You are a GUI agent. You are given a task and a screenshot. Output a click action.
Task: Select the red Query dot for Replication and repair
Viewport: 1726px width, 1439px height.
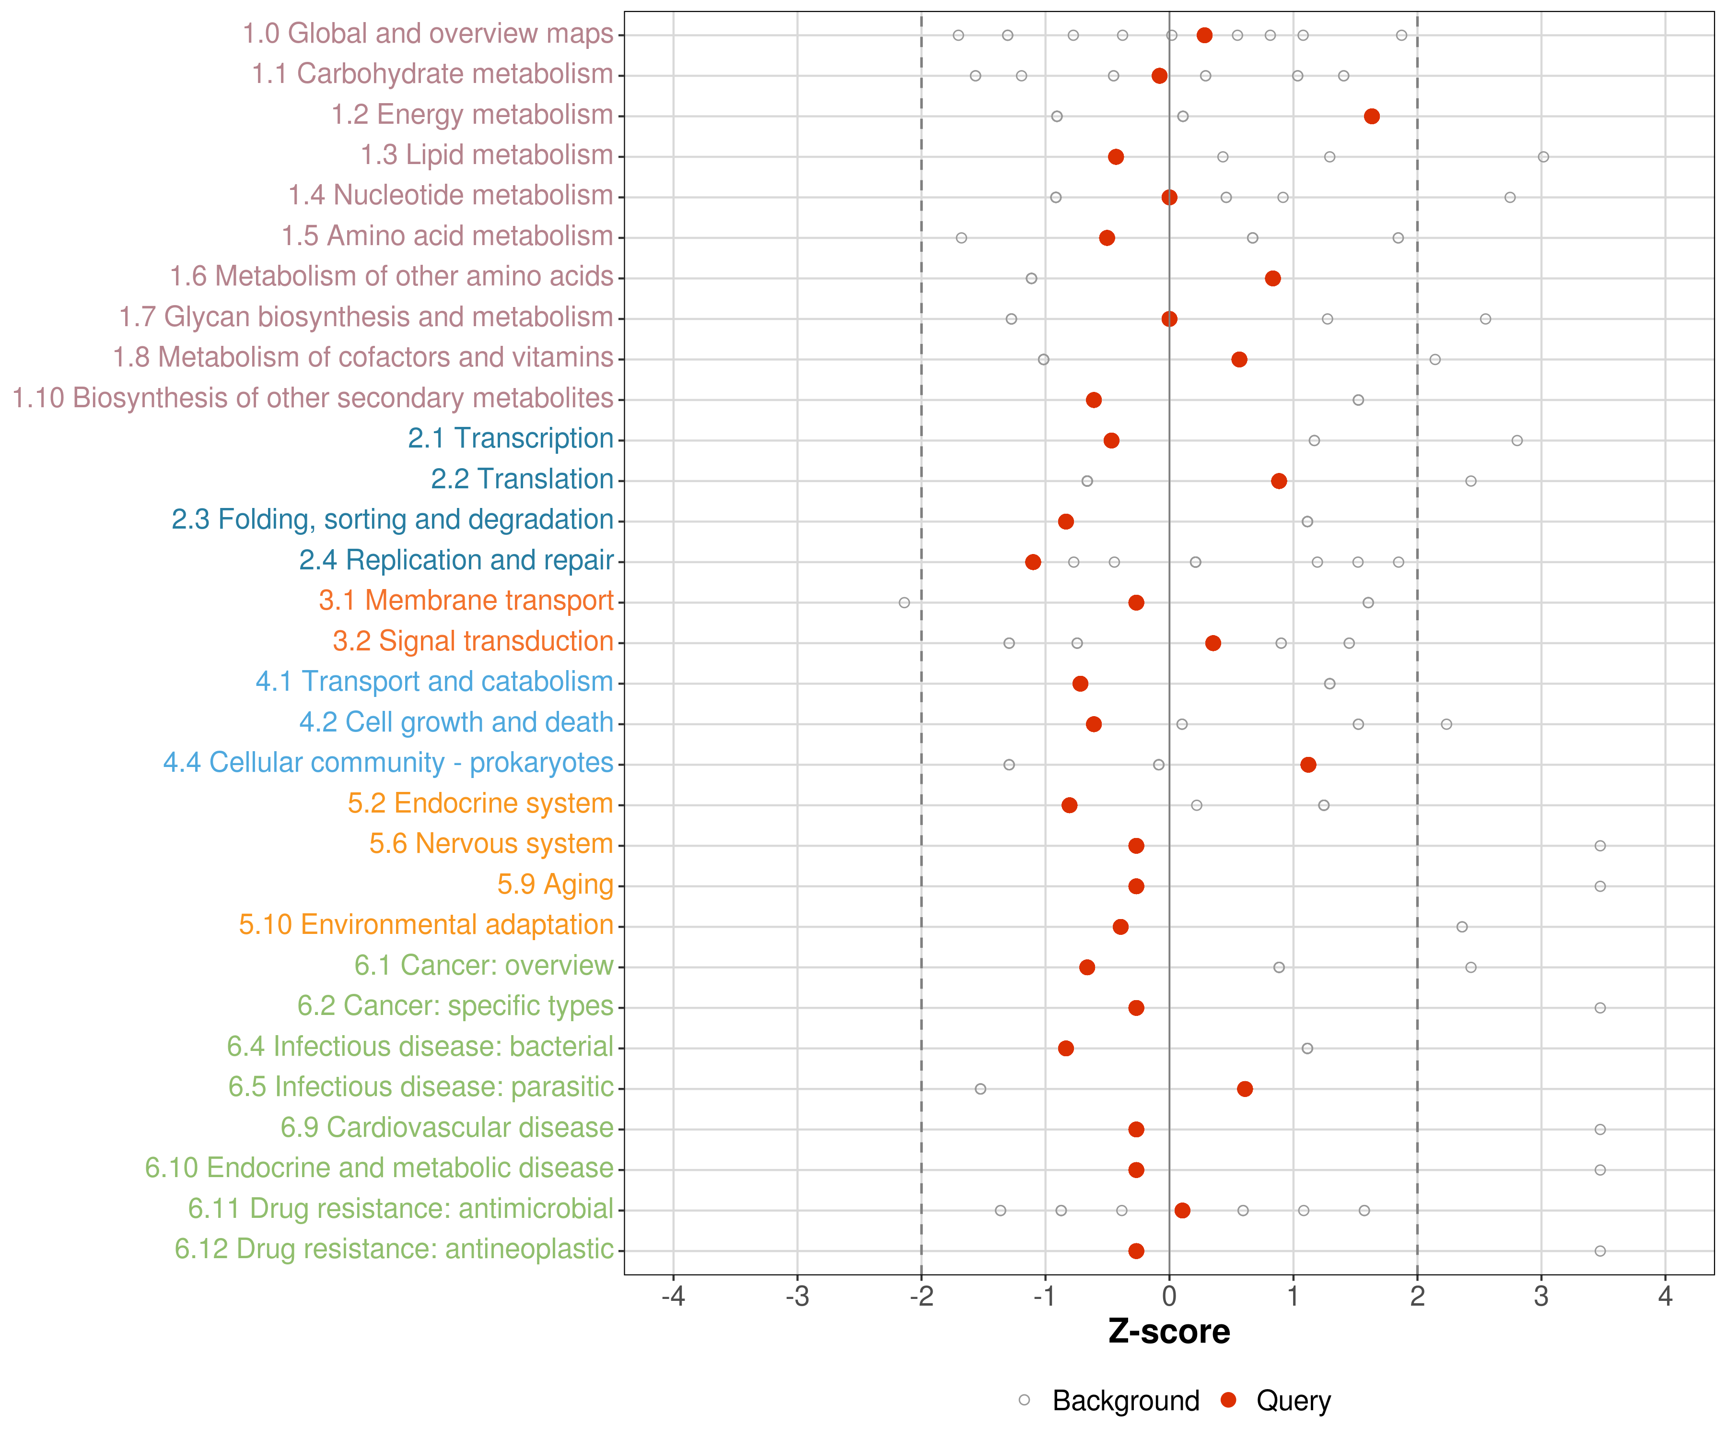1033,562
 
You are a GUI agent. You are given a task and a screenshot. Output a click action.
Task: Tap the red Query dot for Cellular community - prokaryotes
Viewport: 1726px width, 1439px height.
1307,765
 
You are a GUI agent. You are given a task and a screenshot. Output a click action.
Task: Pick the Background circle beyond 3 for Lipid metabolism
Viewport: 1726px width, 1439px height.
1543,157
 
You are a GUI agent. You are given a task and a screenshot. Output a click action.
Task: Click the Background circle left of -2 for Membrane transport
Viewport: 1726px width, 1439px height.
904,603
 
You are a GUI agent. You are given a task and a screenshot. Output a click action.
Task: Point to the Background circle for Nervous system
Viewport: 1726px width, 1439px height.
1599,845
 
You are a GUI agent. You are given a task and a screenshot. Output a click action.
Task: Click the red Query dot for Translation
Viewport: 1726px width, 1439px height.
1278,481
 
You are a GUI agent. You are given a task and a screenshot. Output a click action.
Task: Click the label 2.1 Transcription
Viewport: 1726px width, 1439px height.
511,438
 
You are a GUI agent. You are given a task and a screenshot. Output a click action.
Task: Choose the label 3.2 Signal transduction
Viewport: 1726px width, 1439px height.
473,641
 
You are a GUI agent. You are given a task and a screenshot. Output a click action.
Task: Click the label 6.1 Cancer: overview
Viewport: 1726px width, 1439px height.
483,966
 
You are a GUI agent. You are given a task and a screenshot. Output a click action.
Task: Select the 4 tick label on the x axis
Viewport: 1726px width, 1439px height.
1665,1297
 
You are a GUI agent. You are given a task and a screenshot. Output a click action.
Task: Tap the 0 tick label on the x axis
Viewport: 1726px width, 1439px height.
1169,1297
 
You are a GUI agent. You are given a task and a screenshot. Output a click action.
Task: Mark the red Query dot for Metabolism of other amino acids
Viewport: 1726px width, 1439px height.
1272,278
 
